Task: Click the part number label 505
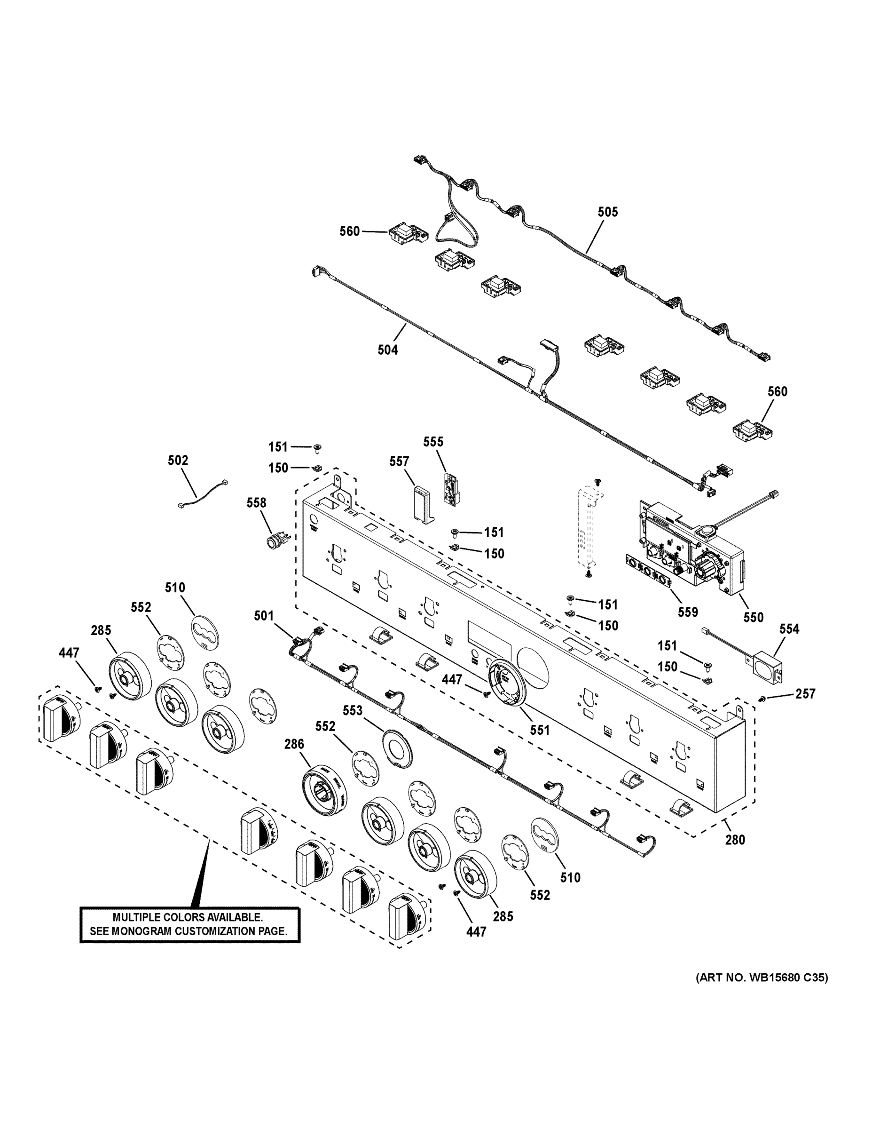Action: point(607,212)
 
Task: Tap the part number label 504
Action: point(387,350)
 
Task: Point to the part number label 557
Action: point(399,461)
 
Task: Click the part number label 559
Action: point(688,612)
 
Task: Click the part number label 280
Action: point(735,840)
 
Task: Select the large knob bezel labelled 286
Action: point(324,794)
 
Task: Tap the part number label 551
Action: point(539,730)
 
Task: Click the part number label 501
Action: point(263,616)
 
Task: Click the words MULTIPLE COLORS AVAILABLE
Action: point(188,918)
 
